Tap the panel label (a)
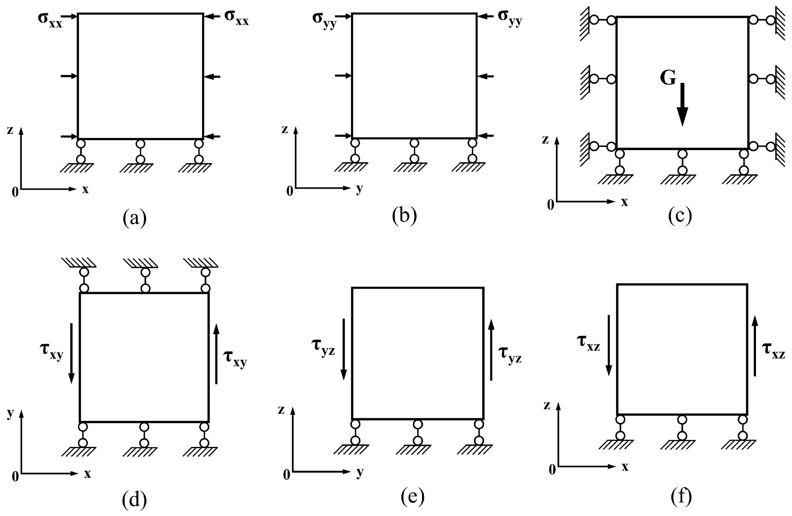134,218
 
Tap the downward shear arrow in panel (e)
344,349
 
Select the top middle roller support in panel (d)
145,280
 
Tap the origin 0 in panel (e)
286,475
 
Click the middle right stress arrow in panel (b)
485,77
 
